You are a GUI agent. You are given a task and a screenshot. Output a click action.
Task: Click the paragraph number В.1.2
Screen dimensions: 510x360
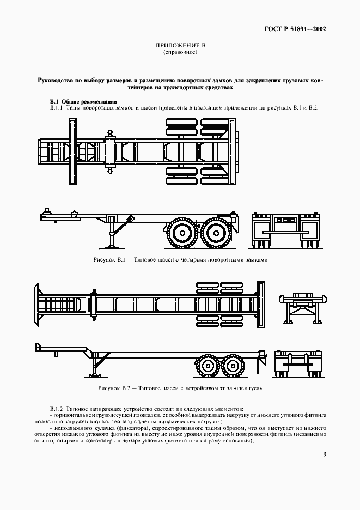pos(56,408)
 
